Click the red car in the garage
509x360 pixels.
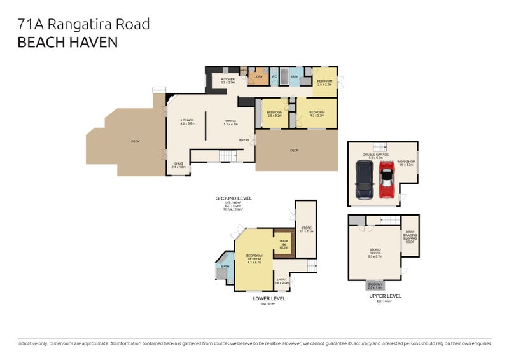tap(386, 180)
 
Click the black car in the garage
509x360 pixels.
tap(364, 180)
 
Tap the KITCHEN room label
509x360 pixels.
tap(228, 81)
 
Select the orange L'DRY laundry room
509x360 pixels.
tap(258, 78)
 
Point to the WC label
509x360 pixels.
tap(275, 77)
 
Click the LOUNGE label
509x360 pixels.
tap(186, 121)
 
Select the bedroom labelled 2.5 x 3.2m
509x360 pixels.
tap(324, 82)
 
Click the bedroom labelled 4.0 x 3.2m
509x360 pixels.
tap(317, 114)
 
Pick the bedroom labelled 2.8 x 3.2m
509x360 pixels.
tap(275, 114)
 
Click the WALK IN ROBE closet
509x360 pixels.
tap(283, 244)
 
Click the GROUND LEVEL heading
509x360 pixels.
tap(233, 198)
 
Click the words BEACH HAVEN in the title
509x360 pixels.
tap(67, 43)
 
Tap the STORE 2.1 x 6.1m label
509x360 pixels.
tap(307, 230)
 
